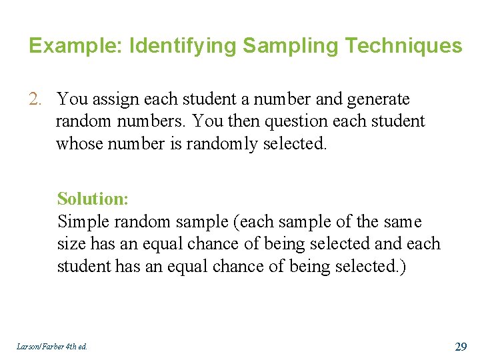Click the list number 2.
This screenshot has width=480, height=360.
35,99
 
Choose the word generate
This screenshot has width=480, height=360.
378,99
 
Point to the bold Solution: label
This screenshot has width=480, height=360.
93,199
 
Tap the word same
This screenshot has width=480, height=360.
402,221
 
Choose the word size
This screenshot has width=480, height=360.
70,243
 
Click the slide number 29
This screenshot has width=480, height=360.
460,346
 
